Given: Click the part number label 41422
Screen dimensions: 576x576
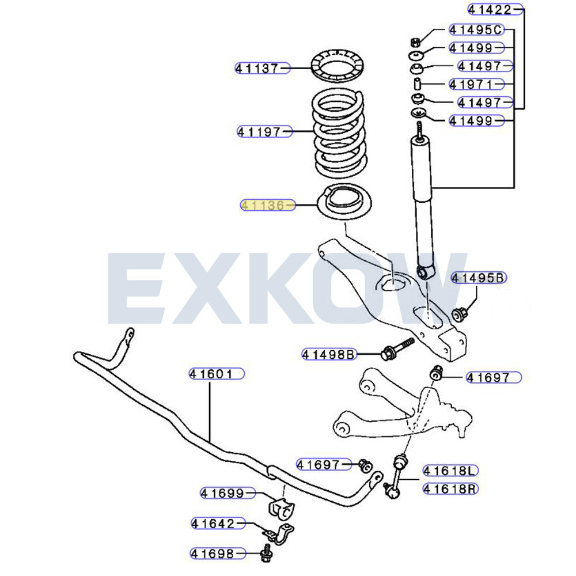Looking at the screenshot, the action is coord(495,10).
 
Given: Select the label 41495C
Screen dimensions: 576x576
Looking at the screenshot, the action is coord(476,29).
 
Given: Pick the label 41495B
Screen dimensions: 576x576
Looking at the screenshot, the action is coord(479,278).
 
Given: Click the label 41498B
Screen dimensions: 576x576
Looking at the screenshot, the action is coord(329,354).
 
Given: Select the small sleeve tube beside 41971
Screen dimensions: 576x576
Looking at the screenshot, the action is coord(417,84).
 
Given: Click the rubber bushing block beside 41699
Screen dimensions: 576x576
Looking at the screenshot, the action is coord(281,509).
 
